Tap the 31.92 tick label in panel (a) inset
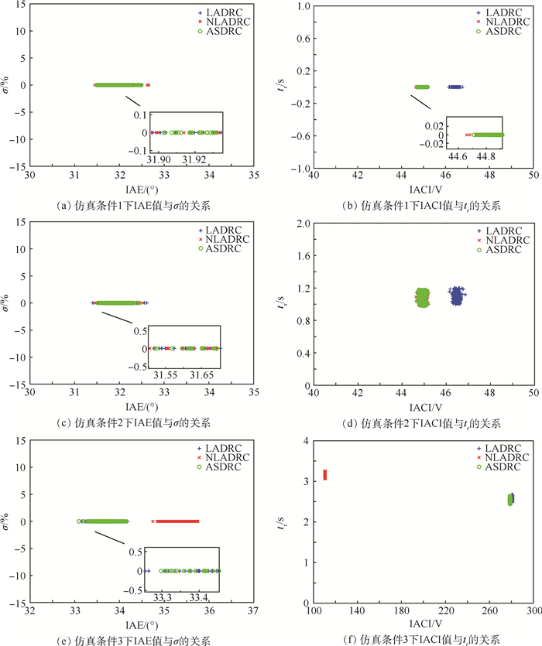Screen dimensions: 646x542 (194, 160)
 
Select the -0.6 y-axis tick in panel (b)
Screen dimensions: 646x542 (297, 135)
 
